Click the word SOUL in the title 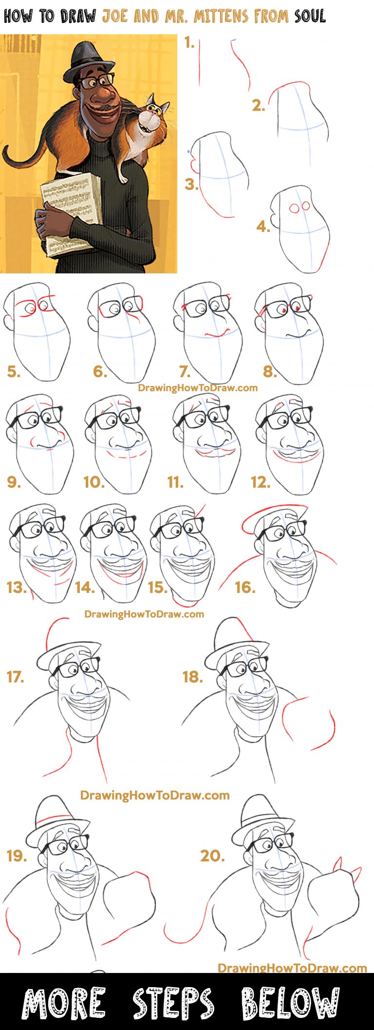[x=310, y=16]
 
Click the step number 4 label [x=263, y=227]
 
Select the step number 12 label [x=261, y=482]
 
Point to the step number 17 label [x=15, y=677]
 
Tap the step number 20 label [x=212, y=856]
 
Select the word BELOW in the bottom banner [x=290, y=1003]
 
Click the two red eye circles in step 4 [x=299, y=207]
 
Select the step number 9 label [x=14, y=482]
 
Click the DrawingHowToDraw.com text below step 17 [x=154, y=795]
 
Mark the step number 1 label [x=189, y=43]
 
